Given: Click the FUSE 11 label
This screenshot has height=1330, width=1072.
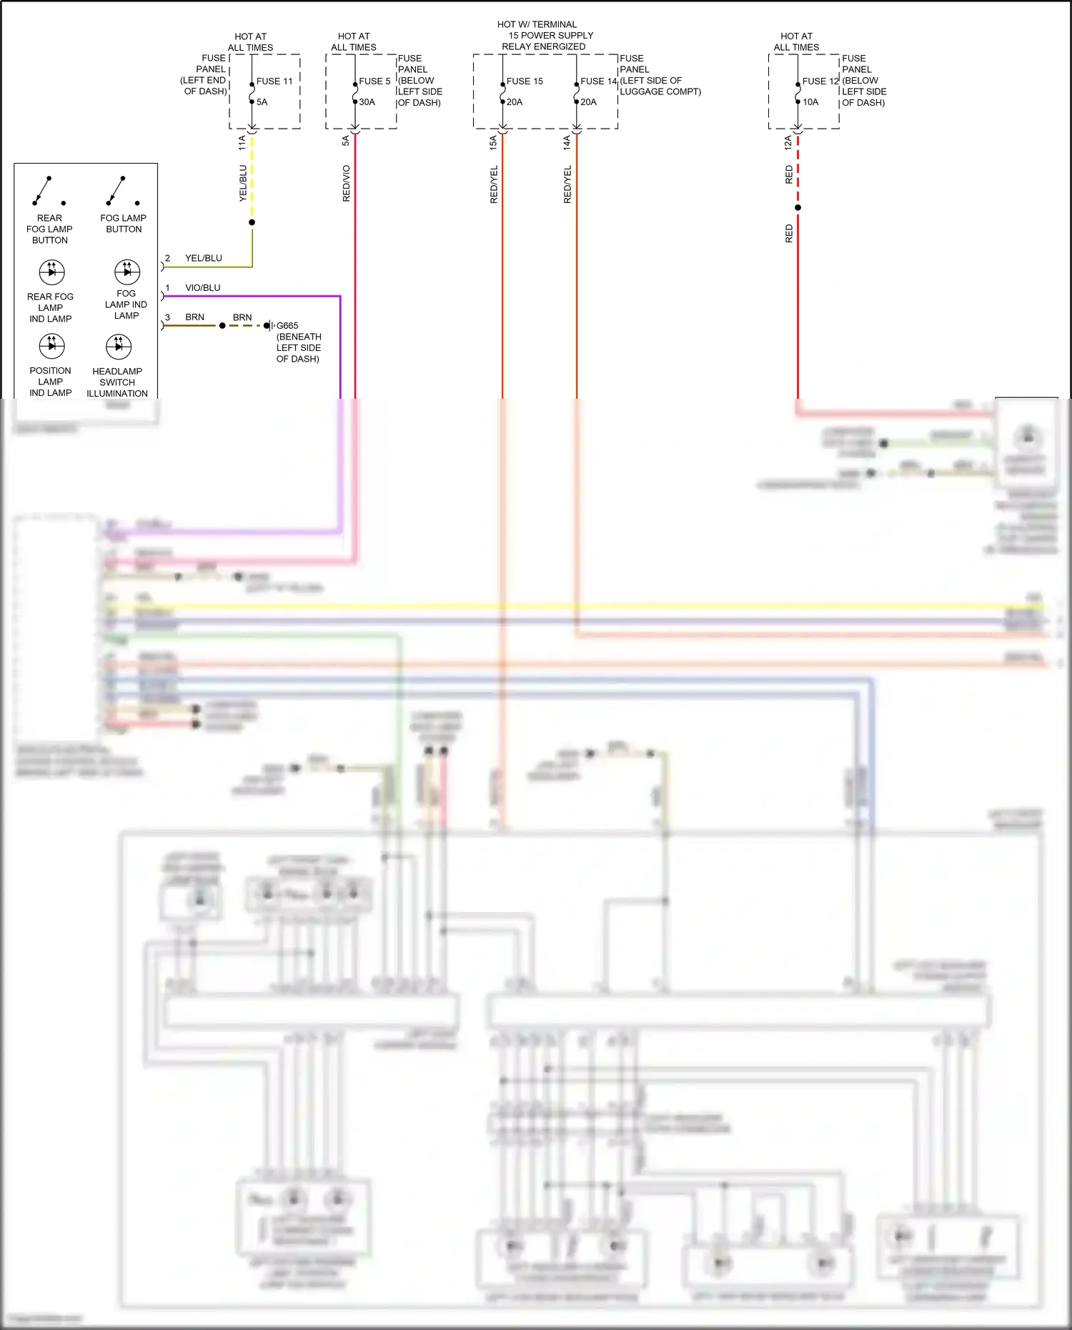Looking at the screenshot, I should [x=274, y=81].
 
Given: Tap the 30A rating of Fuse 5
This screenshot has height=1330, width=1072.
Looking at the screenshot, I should [x=367, y=102].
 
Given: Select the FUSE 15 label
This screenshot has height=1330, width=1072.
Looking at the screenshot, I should [x=525, y=81].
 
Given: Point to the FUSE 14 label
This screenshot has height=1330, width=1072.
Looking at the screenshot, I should [x=598, y=81].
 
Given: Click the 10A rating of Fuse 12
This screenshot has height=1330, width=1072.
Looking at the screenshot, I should [x=810, y=102].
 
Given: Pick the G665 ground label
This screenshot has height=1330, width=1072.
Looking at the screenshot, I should [x=287, y=325].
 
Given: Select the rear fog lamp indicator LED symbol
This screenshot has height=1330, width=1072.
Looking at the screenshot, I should [x=51, y=272].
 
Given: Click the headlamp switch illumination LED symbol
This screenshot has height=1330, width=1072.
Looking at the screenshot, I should [x=119, y=347].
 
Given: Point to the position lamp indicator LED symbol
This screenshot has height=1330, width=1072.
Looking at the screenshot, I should [x=51, y=346].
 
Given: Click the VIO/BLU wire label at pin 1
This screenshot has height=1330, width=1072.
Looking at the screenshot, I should [x=203, y=288].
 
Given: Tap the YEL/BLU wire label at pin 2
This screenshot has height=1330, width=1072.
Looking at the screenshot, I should [x=204, y=258].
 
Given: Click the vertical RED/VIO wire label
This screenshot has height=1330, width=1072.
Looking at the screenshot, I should [x=347, y=183].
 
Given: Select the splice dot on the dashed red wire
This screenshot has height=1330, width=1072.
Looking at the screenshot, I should [x=798, y=208].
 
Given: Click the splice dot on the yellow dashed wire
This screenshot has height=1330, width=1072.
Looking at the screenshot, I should [x=252, y=222].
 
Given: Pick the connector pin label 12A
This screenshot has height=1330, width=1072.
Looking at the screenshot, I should [x=788, y=142].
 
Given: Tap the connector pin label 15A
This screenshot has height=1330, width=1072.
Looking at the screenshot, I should [x=493, y=142].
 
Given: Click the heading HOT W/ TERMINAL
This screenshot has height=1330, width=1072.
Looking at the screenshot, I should [x=537, y=24].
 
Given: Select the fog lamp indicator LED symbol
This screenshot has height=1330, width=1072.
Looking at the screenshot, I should [x=127, y=272].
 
